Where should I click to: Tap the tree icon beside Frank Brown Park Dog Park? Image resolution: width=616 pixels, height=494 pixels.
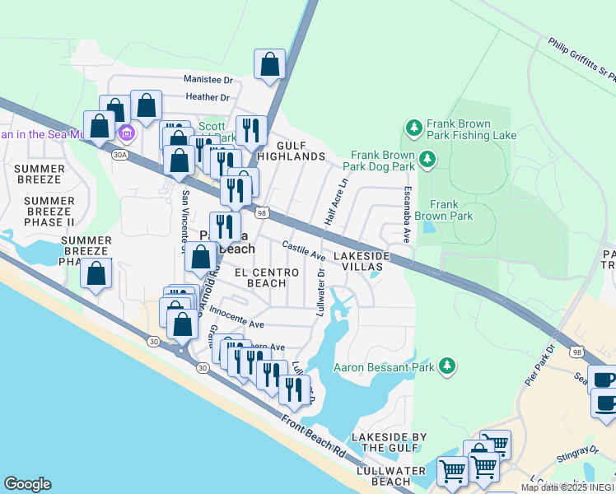[426, 158]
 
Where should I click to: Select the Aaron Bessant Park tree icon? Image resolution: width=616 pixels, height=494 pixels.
[446, 365]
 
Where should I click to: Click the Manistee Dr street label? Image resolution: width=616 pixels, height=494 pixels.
[209, 80]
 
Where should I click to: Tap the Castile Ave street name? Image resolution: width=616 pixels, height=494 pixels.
[303, 250]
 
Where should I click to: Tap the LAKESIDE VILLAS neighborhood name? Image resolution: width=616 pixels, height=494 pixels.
[360, 262]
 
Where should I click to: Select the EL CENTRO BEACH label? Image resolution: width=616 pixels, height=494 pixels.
[260, 277]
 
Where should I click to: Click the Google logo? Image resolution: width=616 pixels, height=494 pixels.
[27, 484]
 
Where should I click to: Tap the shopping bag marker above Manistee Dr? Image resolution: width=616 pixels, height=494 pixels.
[269, 64]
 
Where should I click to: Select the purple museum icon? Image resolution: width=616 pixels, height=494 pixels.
[126, 133]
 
